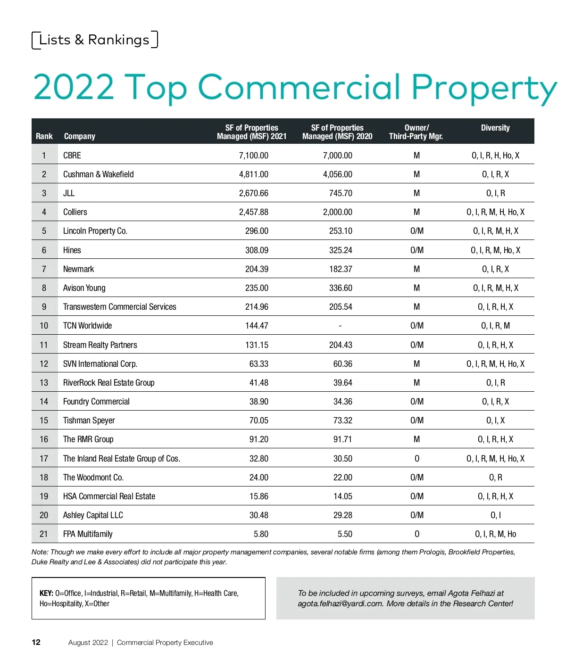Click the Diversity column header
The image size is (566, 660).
(x=495, y=128)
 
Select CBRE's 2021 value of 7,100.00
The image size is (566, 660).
(x=253, y=156)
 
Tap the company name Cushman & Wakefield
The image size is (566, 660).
(x=98, y=174)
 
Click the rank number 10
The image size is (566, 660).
(x=44, y=326)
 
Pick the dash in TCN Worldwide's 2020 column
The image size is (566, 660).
(x=340, y=326)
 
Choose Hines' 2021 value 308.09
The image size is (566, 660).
(x=257, y=250)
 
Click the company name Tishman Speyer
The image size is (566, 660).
(x=89, y=421)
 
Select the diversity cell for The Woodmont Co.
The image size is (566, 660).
(x=495, y=478)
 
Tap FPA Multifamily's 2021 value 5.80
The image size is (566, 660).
(x=261, y=534)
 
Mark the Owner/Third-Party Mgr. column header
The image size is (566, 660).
(x=416, y=132)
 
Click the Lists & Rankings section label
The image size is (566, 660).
(x=94, y=40)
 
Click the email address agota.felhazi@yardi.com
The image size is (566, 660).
(x=340, y=604)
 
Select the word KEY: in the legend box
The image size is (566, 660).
(x=46, y=594)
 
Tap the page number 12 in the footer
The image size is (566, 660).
(x=36, y=643)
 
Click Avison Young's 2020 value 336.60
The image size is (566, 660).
(x=341, y=288)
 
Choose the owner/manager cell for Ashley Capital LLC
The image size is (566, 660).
(x=416, y=515)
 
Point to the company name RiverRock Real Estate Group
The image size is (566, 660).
(x=108, y=383)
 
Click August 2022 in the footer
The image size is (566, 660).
(x=88, y=643)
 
